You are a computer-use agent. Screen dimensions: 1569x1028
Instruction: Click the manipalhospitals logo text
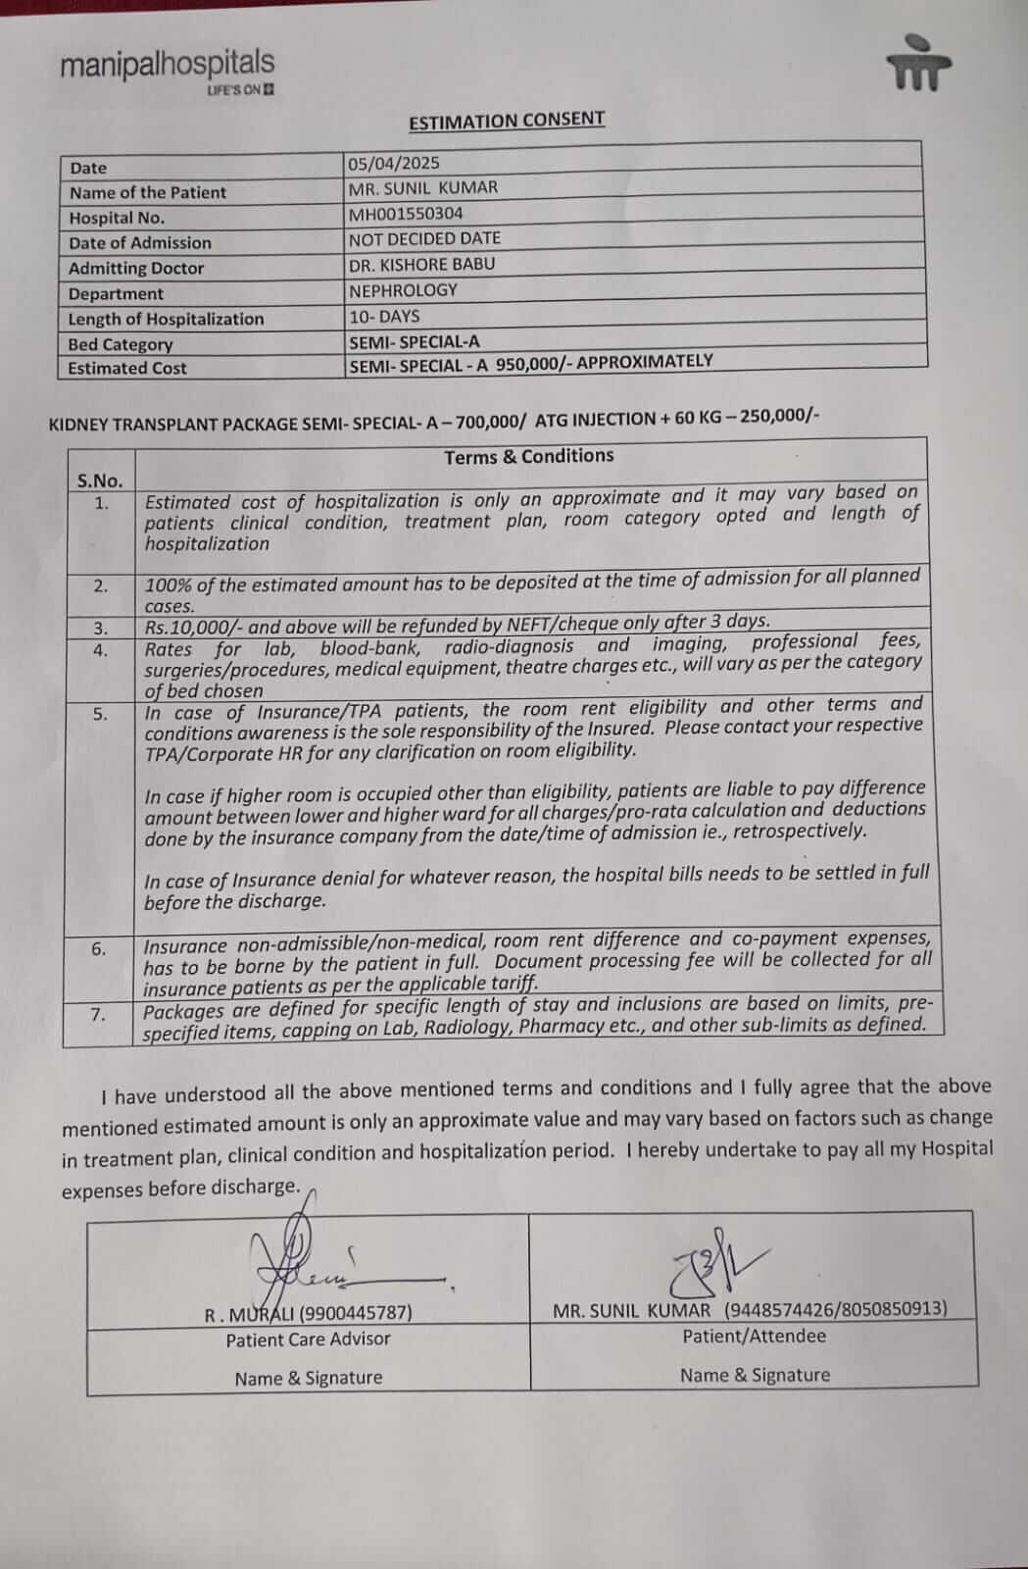click(167, 65)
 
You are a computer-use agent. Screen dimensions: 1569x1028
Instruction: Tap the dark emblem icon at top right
click(918, 66)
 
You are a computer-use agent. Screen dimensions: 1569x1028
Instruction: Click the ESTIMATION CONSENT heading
click(506, 121)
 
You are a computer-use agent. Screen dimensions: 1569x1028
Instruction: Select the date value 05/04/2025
click(394, 163)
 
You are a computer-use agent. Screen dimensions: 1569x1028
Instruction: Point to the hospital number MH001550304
click(406, 213)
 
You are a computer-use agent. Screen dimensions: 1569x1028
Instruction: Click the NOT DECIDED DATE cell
click(424, 238)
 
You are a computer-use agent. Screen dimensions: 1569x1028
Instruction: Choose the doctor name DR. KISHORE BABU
click(421, 264)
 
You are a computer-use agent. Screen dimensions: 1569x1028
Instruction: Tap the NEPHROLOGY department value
click(403, 290)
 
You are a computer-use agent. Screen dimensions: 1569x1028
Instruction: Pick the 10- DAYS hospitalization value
click(384, 316)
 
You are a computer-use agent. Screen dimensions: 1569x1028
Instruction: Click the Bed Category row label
click(120, 344)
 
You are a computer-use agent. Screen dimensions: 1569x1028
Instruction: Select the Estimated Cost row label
click(126, 369)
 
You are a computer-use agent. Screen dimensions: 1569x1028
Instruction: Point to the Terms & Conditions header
click(528, 456)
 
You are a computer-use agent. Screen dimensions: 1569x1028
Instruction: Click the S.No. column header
click(100, 481)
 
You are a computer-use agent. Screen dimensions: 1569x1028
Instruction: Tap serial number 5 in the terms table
click(100, 714)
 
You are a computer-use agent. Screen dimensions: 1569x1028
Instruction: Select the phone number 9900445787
click(355, 1312)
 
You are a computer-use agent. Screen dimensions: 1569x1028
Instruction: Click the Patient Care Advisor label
click(308, 1339)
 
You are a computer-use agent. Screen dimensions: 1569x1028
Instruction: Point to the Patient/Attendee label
click(754, 1336)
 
